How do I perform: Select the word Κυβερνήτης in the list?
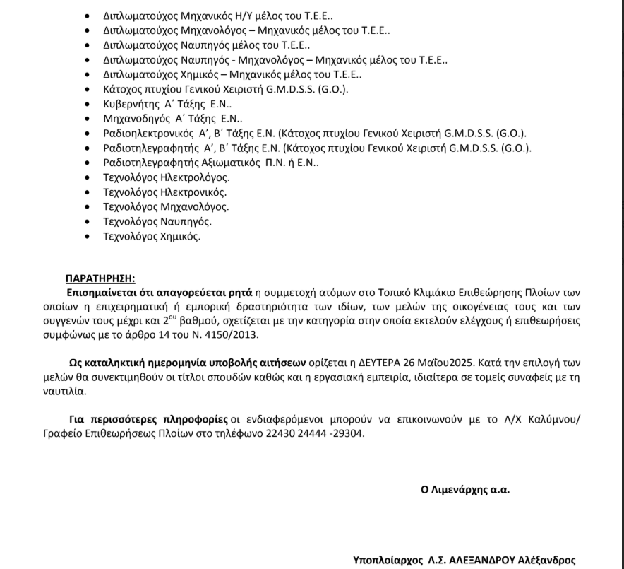point(128,104)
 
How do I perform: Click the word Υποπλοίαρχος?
point(387,560)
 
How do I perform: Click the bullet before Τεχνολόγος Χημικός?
point(87,237)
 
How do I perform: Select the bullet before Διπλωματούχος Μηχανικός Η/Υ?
point(87,14)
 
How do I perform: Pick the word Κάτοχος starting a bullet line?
point(123,89)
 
